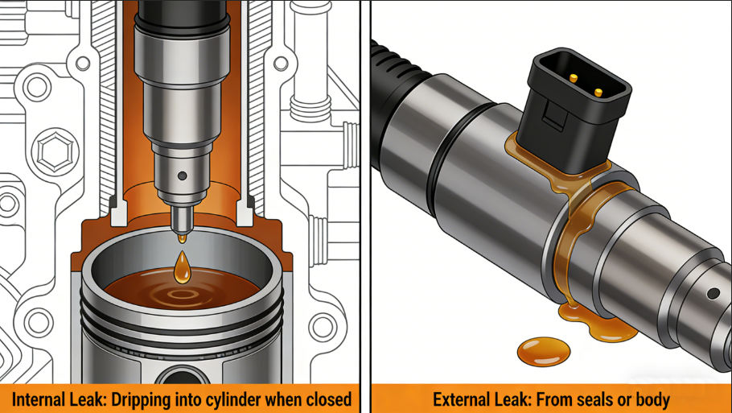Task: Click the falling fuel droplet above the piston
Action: click(x=182, y=268)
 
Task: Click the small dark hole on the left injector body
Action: click(x=183, y=176)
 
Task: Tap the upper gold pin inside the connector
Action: click(x=574, y=78)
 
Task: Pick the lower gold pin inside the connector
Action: click(x=598, y=92)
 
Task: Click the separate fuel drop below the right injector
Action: click(x=544, y=351)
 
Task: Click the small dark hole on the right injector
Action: click(x=713, y=294)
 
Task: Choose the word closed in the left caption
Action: click(x=328, y=400)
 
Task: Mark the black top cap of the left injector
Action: click(x=182, y=14)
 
